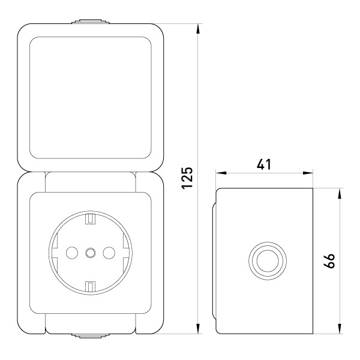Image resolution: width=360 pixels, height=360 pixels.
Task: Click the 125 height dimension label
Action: point(187,178)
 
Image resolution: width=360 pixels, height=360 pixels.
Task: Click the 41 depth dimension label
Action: point(264,164)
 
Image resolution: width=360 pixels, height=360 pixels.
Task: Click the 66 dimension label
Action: point(329,260)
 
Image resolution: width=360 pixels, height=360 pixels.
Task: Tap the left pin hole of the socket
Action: point(72,253)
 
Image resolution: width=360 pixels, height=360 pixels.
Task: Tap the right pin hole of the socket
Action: point(109,253)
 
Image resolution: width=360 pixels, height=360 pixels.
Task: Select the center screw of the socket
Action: point(91,253)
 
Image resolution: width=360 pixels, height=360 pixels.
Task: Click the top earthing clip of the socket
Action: point(90,219)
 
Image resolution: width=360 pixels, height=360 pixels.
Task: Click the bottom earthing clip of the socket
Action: point(90,286)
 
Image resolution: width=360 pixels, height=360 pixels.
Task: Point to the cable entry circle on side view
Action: point(268,261)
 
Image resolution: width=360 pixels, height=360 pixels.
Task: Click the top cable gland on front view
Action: point(91,22)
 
